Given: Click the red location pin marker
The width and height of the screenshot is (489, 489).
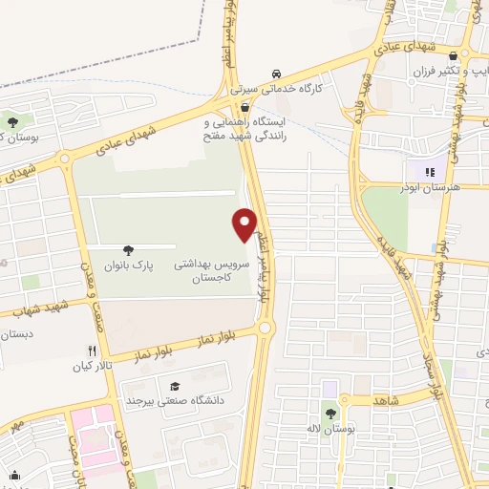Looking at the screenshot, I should (245, 224).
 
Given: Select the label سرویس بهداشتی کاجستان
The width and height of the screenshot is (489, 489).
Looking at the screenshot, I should (221, 268).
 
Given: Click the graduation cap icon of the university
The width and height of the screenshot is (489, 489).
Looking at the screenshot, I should (175, 386).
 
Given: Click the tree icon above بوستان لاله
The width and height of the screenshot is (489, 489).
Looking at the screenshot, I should (330, 415).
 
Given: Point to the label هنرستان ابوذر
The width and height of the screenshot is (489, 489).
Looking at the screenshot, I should (433, 188).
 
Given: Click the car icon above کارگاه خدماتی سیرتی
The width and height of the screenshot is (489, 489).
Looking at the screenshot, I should (276, 74).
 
